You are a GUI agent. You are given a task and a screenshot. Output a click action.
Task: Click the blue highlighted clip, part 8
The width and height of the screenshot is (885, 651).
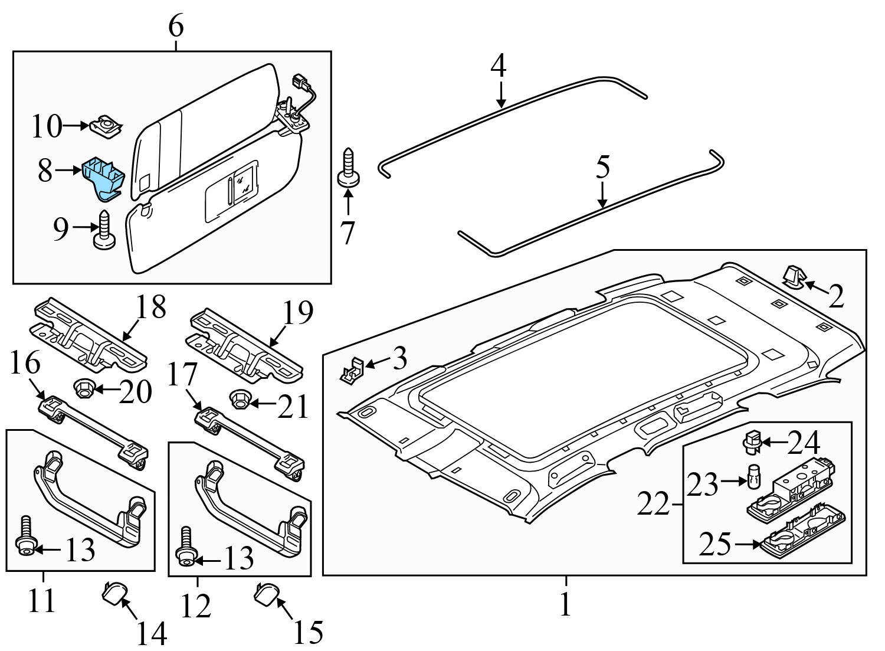[x=104, y=175]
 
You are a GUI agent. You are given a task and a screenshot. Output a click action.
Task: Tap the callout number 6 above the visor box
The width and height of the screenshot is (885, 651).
[x=175, y=26]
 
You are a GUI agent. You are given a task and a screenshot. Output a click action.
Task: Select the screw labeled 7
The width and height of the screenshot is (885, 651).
[x=348, y=169]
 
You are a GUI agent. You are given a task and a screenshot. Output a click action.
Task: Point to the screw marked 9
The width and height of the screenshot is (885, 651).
[x=104, y=231]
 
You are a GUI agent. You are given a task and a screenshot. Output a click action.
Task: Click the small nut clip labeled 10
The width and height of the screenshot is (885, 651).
[x=106, y=126]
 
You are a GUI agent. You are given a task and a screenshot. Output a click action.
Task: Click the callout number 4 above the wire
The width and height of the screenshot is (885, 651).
[x=499, y=66]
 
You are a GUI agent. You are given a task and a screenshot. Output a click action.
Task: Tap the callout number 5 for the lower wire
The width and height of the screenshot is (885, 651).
[x=602, y=167]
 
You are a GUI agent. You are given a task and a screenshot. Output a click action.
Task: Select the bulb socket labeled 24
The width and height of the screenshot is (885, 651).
[x=751, y=441]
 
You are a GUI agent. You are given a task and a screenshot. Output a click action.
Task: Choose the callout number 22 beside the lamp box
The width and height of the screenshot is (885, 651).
[x=653, y=505]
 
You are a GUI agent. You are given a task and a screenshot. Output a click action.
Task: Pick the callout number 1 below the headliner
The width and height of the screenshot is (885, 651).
[x=565, y=604]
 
